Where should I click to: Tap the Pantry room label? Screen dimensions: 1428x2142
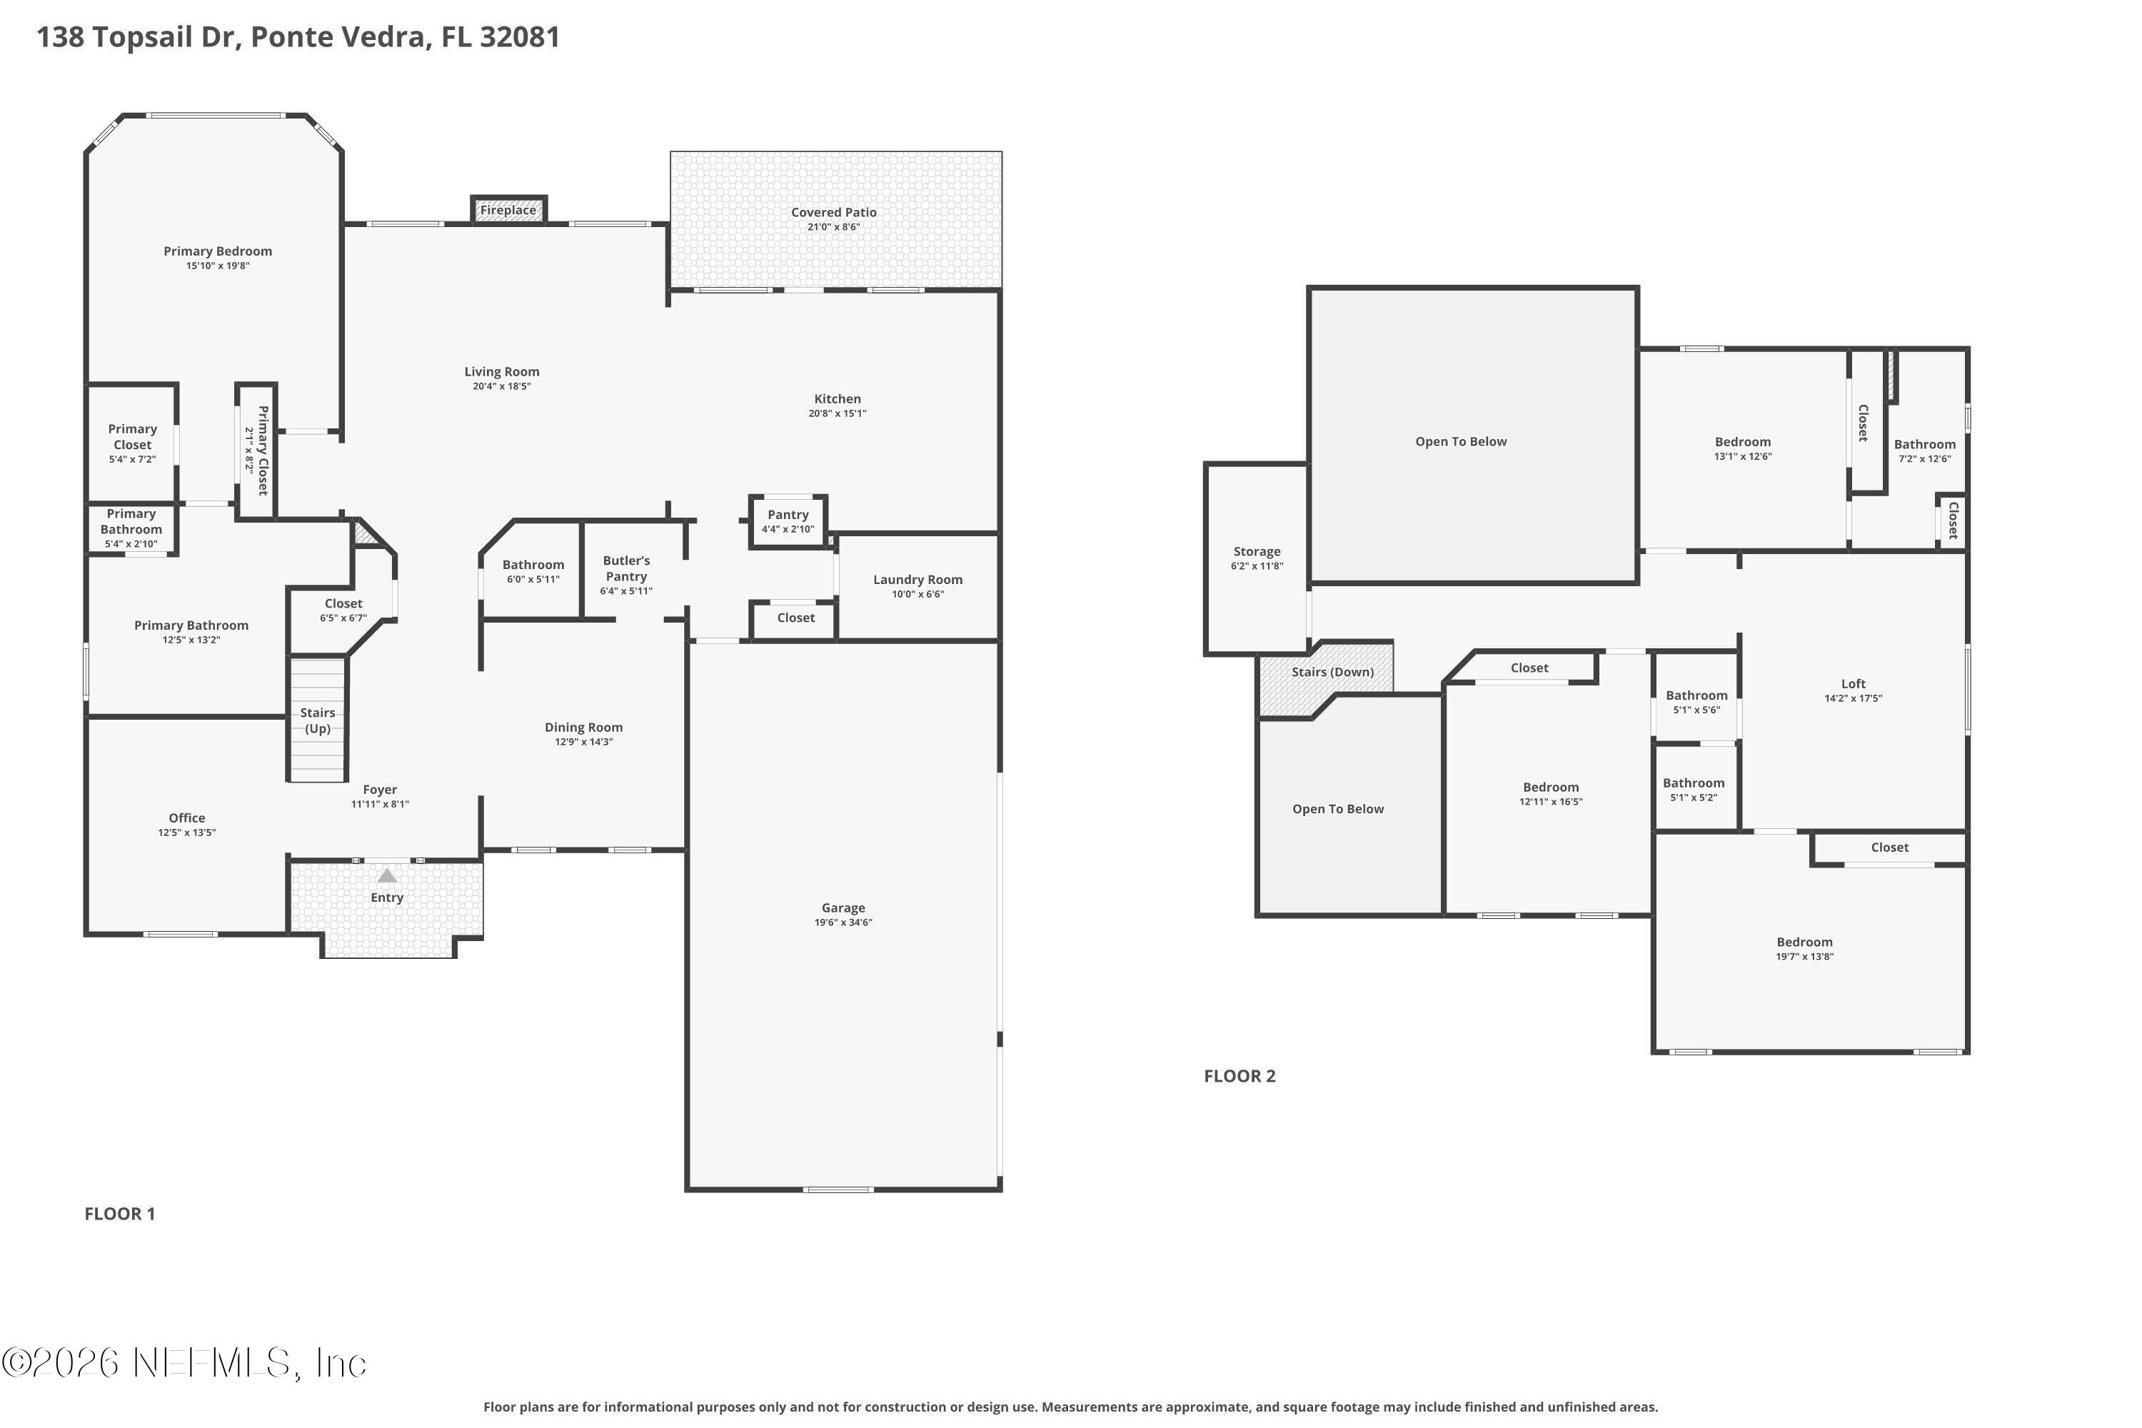pyautogui.click(x=788, y=515)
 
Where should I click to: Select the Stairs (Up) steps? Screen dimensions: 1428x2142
pyautogui.click(x=318, y=720)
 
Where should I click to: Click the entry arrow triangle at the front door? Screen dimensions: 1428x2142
pyautogui.click(x=387, y=876)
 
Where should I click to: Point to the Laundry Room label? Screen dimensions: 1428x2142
pyautogui.click(x=917, y=580)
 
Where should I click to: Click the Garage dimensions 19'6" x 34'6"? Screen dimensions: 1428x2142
pyautogui.click(x=843, y=922)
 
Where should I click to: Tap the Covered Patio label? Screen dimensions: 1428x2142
pyautogui.click(x=833, y=212)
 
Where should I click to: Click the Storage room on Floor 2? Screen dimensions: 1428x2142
pyautogui.click(x=1257, y=558)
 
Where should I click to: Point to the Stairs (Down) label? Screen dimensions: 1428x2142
pyautogui.click(x=1332, y=672)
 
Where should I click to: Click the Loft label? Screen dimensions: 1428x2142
pyautogui.click(x=1852, y=684)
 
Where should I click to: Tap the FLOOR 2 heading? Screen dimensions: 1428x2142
pyautogui.click(x=1240, y=1075)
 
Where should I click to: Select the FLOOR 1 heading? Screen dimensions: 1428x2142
pyautogui.click(x=120, y=1213)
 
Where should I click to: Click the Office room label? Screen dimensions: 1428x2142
pyautogui.click(x=186, y=818)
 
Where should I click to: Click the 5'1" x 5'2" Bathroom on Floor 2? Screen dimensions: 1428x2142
pyautogui.click(x=1693, y=789)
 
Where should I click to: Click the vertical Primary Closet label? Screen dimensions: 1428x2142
pyautogui.click(x=262, y=450)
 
